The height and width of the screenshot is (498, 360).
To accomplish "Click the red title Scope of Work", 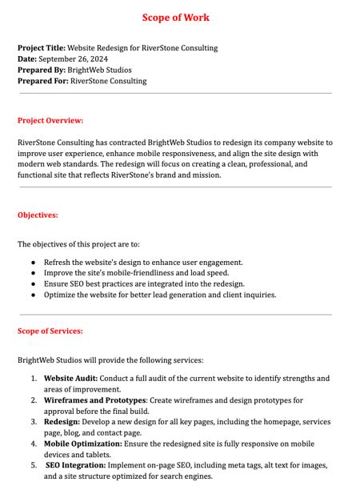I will click(176, 18).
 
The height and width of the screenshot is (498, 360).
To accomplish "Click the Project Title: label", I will click(42, 48).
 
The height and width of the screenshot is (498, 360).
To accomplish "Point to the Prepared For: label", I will click(43, 82).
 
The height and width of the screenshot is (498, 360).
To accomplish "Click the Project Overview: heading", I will click(50, 121).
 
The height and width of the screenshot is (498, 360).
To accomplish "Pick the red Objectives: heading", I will click(38, 215).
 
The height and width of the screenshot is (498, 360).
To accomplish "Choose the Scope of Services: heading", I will click(50, 331).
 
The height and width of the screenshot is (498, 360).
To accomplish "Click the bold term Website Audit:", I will click(71, 378).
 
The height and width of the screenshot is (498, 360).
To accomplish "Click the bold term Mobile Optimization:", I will click(83, 443).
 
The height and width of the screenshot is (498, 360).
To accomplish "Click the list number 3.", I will click(34, 421).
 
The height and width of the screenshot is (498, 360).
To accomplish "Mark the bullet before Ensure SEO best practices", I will click(33, 283).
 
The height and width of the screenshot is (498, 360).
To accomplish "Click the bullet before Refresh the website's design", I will click(33, 262).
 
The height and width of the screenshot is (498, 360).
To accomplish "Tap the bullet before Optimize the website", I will click(33, 295).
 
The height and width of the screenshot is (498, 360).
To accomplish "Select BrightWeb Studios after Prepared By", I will click(101, 70).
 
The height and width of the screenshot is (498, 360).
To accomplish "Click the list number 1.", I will click(34, 378).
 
